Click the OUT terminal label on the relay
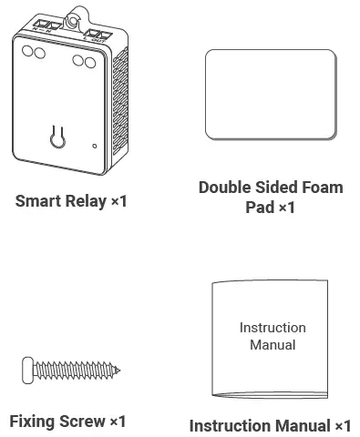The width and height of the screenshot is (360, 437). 96,38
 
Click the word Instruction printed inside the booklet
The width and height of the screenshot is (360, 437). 273,328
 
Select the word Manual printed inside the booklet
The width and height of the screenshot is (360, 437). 273,345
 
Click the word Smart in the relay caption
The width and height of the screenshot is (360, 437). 35,200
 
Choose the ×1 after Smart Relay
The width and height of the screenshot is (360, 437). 118,200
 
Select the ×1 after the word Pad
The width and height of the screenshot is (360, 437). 286,208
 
